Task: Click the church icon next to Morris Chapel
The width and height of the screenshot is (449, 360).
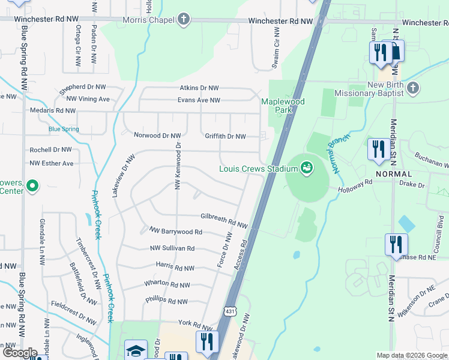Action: pos(183,20)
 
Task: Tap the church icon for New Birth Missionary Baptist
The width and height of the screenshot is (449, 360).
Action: pos(412,89)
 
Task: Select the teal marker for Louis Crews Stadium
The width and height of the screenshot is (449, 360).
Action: pos(307,167)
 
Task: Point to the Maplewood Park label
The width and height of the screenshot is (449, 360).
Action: pos(283,106)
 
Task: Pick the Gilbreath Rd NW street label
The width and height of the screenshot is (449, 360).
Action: pos(224,221)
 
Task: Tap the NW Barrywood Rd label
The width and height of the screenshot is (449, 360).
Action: pos(176,231)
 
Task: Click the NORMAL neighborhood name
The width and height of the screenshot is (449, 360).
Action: pos(394,173)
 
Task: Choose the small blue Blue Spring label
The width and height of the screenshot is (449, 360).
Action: pos(64,129)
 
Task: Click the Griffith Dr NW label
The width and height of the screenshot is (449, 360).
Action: pos(225,136)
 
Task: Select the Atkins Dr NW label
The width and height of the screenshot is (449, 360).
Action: pos(199,88)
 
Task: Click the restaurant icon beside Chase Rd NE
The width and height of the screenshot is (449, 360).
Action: pos(396,244)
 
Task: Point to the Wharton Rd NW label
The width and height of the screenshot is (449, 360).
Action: pos(167,284)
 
